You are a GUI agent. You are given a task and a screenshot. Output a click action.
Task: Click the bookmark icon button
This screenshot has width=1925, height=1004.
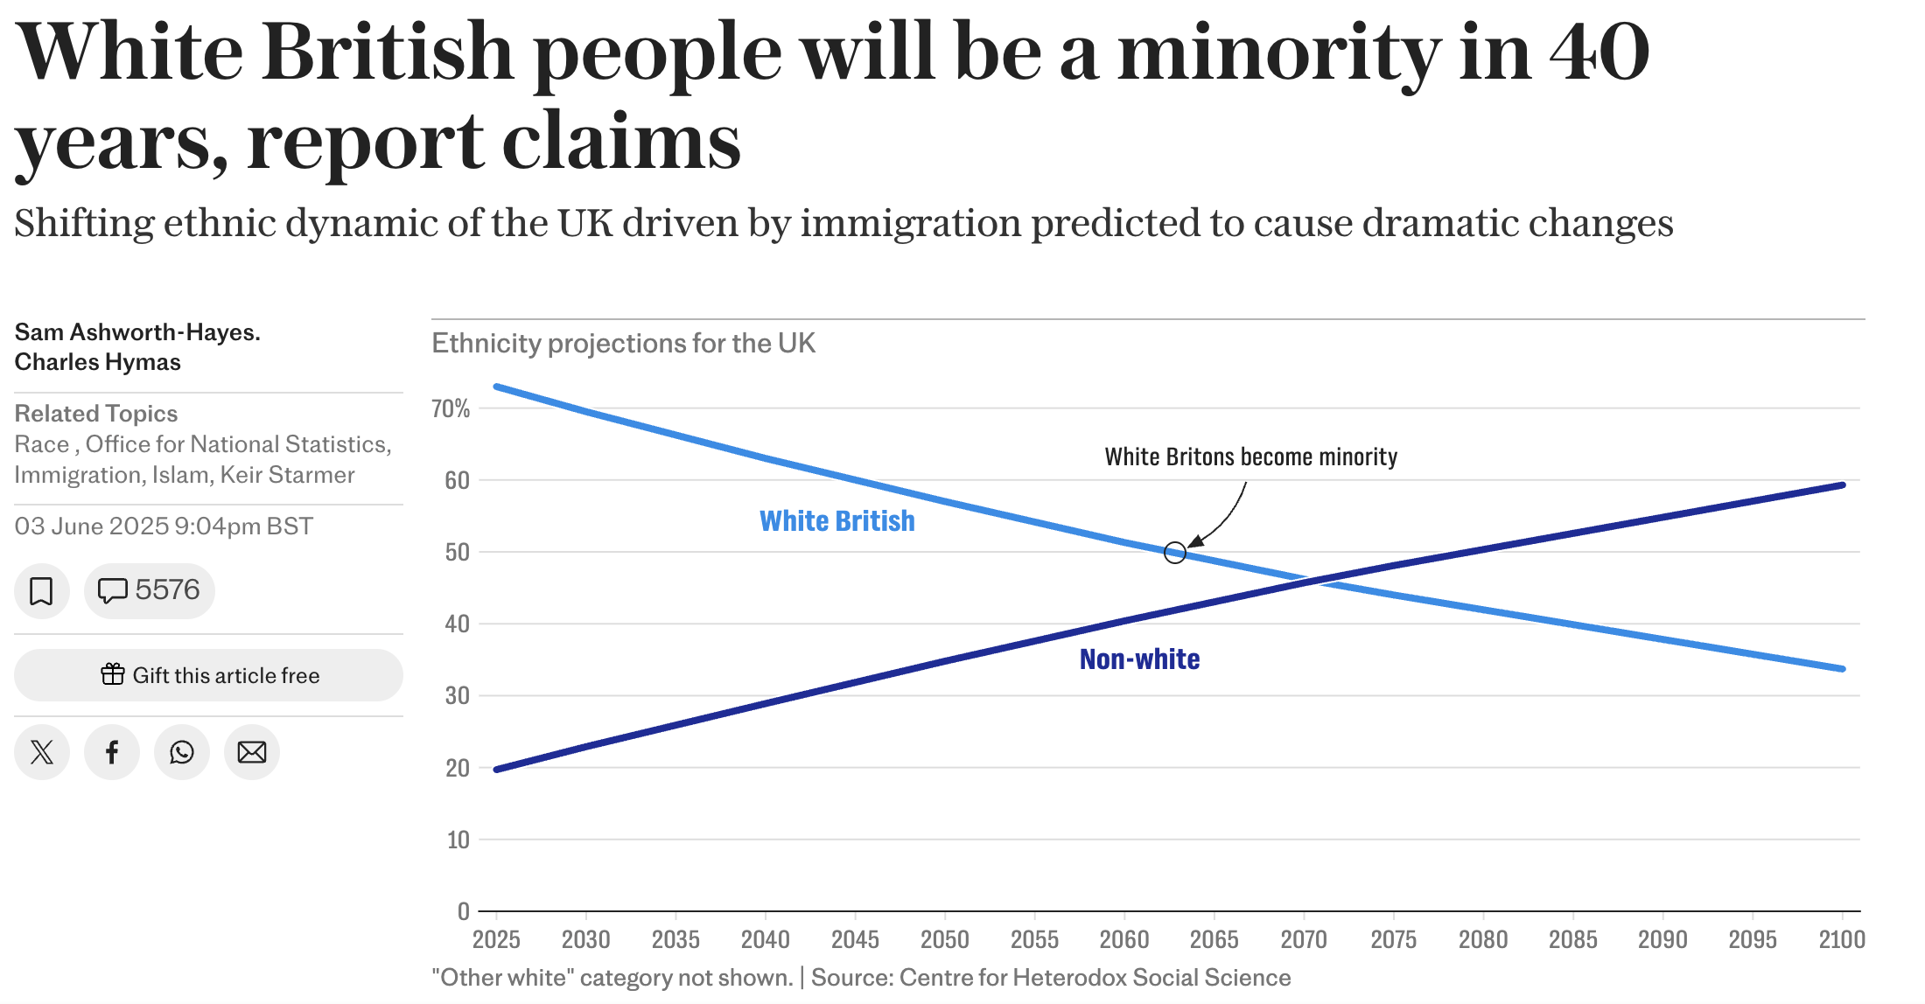pos(41,591)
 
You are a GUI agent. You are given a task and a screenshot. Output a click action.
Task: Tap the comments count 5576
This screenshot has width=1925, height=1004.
pos(150,591)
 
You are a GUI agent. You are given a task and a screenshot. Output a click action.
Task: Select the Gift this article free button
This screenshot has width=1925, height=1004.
pos(208,675)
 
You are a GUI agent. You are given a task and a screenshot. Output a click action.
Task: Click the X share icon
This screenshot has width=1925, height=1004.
pos(41,752)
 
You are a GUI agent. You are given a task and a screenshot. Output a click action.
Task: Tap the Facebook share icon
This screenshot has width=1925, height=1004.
pos(112,752)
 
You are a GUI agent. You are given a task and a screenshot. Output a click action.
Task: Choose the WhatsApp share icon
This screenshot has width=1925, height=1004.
pos(182,752)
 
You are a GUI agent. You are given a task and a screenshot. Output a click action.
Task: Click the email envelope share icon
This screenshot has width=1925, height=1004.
pos(252,752)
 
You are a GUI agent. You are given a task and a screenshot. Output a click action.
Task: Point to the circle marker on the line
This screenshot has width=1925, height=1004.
pos(1175,553)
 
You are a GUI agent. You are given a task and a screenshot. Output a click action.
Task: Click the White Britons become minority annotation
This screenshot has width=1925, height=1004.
pos(1250,457)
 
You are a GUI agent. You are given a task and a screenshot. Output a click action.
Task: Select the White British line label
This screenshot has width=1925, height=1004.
pos(836,521)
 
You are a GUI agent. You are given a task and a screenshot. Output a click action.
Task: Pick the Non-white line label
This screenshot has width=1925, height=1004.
pos(1139,659)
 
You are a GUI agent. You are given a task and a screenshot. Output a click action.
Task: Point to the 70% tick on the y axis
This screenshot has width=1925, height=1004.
pos(451,408)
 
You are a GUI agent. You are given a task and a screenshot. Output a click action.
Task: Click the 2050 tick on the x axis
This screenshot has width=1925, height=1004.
pos(944,939)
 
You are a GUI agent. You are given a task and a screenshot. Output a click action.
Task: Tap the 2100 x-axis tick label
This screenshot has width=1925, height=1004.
pos(1842,939)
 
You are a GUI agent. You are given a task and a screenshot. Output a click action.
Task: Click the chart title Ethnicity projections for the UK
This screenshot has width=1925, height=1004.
pos(623,344)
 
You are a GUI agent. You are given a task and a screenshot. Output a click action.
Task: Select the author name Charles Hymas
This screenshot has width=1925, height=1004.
pos(98,362)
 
